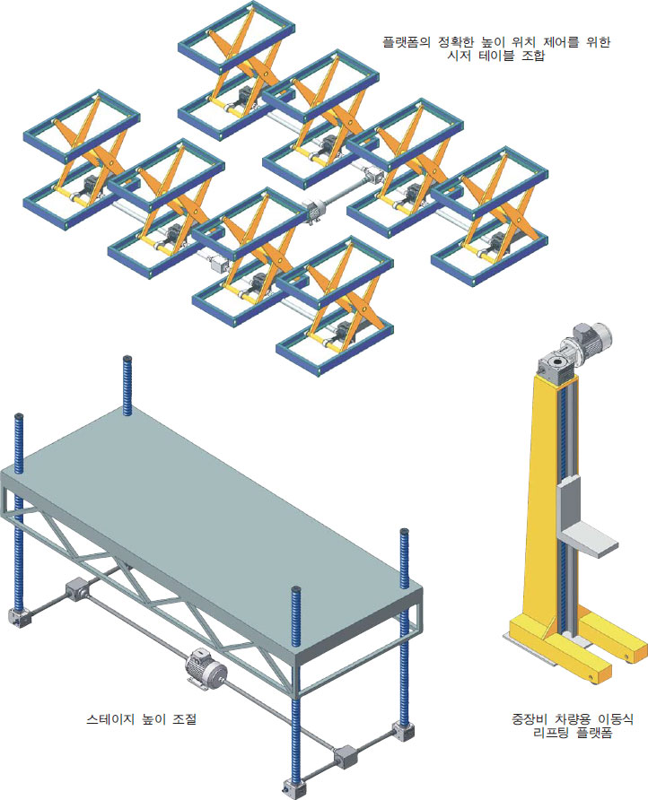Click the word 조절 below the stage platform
[x=184, y=719]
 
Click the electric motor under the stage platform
[x=206, y=669]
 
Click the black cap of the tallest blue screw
[x=127, y=359]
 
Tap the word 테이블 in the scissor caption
[x=495, y=56]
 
